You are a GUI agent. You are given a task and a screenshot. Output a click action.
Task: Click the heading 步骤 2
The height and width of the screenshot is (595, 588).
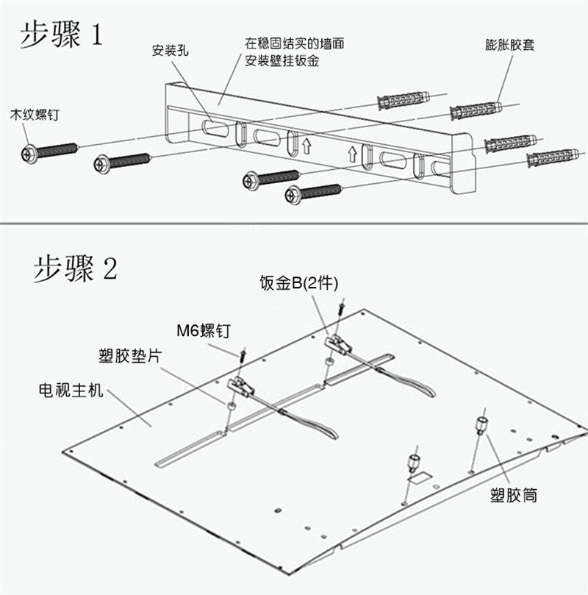pos(74,268)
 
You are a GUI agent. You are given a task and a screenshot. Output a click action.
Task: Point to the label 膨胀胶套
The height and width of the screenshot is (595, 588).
pos(509,44)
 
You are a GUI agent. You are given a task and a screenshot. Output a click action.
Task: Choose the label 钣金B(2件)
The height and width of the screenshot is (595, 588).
pos(298,282)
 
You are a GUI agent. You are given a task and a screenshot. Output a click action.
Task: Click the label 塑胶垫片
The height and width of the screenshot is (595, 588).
pos(130,356)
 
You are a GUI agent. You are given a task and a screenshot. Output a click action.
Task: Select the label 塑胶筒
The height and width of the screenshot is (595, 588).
pos(513,495)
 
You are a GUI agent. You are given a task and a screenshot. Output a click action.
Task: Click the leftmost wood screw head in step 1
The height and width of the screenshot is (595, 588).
pos(29,154)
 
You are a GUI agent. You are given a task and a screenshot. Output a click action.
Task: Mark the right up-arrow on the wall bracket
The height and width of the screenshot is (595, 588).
pos(352,154)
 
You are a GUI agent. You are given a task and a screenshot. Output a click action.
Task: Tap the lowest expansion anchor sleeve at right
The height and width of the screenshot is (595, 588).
pos(552,157)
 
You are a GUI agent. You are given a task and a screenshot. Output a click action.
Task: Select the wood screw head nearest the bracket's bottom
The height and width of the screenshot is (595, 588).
pos(293,195)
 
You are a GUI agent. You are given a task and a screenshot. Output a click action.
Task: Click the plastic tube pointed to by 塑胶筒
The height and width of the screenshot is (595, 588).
pos(482,425)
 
